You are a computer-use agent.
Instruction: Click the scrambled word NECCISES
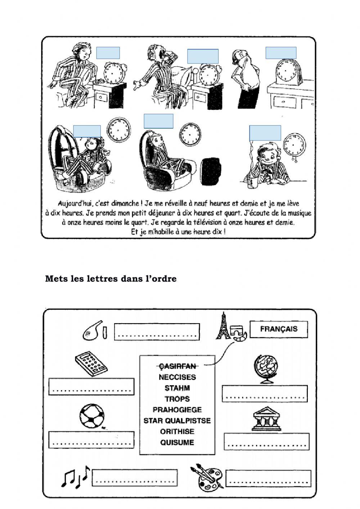(177, 377)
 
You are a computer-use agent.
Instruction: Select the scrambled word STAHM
(177, 388)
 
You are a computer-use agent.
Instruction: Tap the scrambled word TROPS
(177, 399)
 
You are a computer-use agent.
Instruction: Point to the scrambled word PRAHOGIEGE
(177, 410)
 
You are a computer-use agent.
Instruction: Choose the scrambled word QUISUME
(177, 442)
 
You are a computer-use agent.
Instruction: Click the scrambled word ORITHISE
(177, 431)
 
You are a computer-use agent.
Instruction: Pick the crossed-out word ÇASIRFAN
(177, 366)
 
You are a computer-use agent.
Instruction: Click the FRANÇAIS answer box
(279, 329)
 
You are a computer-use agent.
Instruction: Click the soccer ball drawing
(92, 416)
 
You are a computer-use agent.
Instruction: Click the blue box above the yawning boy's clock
(203, 56)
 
